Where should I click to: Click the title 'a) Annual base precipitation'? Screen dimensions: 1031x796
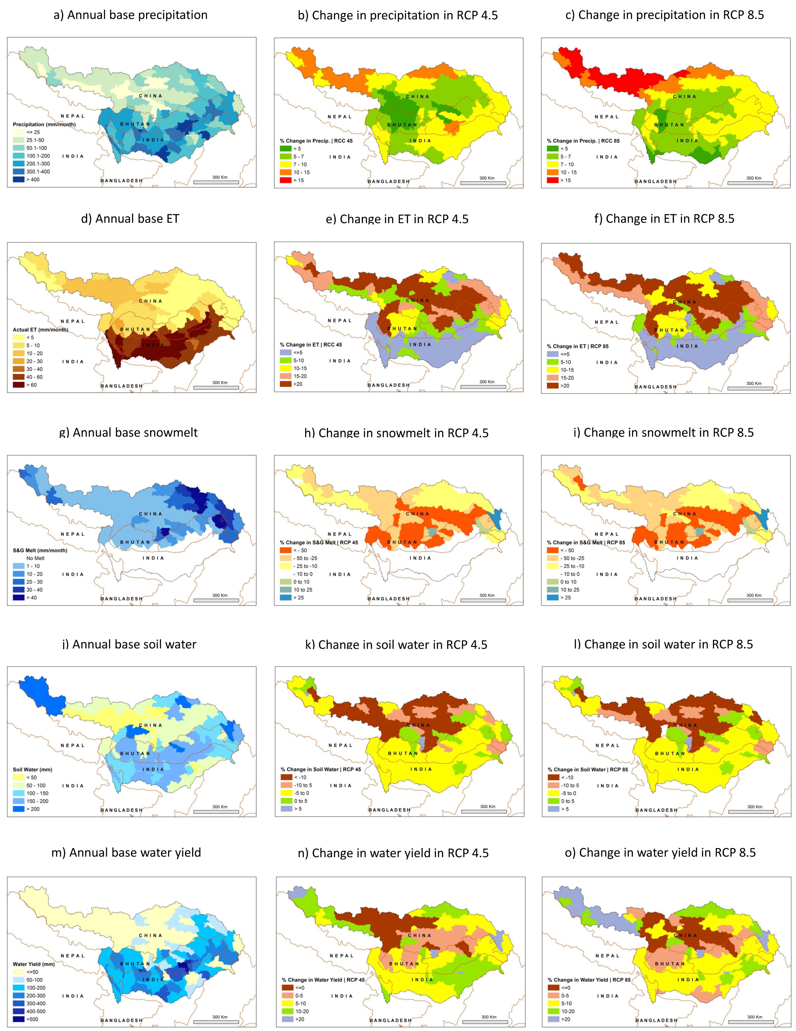[131, 15]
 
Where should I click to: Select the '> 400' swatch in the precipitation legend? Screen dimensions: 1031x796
[18, 179]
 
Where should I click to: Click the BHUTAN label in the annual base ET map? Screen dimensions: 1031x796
[135, 330]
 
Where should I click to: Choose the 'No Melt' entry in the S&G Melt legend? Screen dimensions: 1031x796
[35, 558]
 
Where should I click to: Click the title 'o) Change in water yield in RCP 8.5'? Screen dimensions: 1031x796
[667, 853]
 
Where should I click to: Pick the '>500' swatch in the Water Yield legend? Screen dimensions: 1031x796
[18, 1019]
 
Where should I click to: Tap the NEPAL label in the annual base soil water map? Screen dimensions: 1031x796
[73, 745]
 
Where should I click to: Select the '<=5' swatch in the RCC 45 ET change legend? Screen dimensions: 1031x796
[286, 353]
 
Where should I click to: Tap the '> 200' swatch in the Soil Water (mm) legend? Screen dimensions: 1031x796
[18, 809]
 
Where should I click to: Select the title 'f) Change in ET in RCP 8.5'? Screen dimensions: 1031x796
[670, 219]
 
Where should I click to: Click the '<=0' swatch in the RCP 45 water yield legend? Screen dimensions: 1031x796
[288, 987]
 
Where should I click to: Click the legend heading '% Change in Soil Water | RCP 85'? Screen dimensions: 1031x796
[588, 769]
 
